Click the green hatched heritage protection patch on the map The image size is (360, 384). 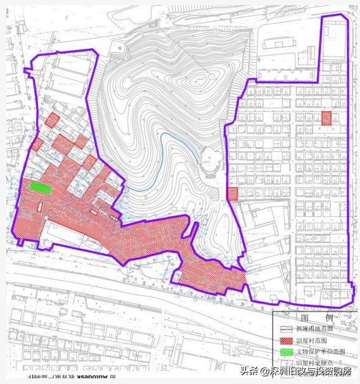[x=41, y=188]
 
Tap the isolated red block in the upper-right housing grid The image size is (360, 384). [x=326, y=118]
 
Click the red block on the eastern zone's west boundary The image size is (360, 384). [x=233, y=194]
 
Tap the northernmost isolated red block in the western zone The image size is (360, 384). [x=52, y=120]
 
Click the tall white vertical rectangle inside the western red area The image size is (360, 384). [x=39, y=207]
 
